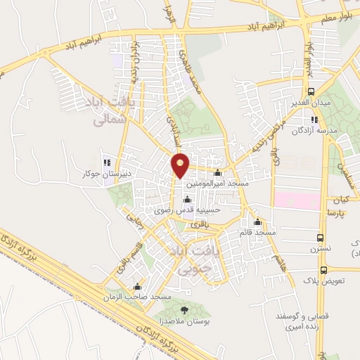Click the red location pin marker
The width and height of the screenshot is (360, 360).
point(181,164)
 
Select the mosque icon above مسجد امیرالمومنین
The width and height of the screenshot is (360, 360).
point(217,173)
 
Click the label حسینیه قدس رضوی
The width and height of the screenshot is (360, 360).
point(188,209)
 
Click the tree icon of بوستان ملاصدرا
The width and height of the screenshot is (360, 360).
point(184,309)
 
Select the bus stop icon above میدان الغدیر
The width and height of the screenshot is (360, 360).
point(311,92)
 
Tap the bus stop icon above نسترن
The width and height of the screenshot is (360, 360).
point(321,238)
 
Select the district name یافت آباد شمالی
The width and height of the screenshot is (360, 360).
point(113,112)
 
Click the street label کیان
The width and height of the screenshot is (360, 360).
point(342,199)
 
